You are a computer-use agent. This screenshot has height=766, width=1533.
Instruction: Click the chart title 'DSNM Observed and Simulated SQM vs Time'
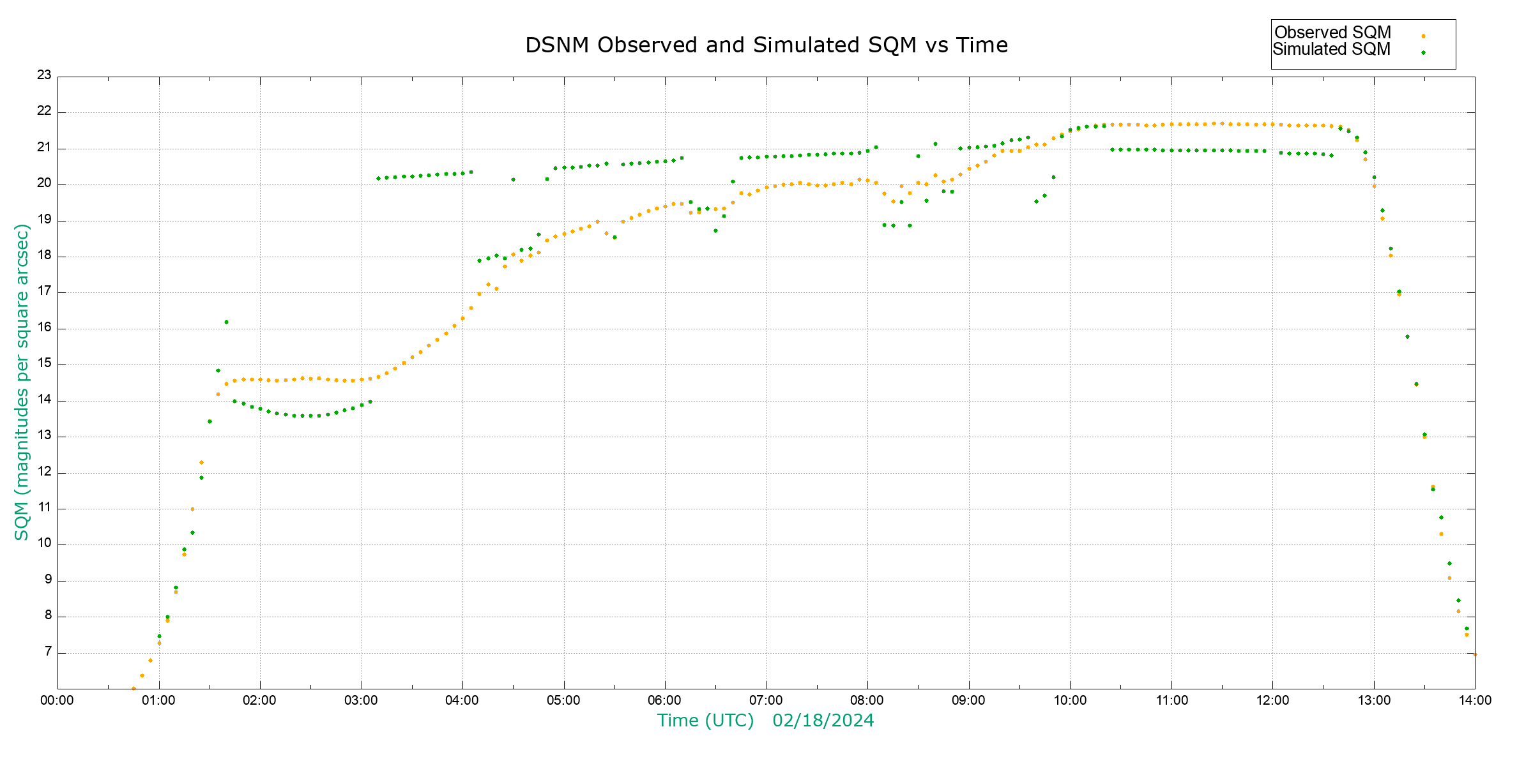766,45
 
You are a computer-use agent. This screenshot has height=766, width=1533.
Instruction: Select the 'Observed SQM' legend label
1332,33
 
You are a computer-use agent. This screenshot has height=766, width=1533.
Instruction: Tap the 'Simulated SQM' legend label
1331,49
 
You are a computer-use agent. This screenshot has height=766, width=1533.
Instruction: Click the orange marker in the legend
1423,36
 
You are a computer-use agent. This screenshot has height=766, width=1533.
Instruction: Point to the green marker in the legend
1423,52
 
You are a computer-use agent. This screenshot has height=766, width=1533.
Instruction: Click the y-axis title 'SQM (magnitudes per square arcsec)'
22,382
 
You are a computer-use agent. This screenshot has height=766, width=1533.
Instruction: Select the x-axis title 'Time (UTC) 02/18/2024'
765,721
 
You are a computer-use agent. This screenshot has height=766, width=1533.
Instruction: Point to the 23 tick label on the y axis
44,75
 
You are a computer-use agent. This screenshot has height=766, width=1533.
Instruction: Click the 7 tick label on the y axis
48,652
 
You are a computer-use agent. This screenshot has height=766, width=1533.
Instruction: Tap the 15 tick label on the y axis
44,364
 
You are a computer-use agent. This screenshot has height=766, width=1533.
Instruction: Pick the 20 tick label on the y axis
44,184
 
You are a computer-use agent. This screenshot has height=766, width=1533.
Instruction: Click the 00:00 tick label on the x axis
57,700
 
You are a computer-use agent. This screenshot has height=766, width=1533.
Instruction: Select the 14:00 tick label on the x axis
1475,700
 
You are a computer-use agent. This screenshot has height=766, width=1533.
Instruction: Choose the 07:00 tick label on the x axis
766,700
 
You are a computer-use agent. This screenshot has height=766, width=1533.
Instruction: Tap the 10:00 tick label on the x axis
1070,700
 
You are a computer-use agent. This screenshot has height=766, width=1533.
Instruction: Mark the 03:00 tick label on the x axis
361,700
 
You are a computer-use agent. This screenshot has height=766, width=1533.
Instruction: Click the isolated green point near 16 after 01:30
226,322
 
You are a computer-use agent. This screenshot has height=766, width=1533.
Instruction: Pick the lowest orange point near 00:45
133,688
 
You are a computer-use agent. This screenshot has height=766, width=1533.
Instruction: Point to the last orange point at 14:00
1475,654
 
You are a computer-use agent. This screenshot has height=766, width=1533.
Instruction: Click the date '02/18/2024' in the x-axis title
823,721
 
